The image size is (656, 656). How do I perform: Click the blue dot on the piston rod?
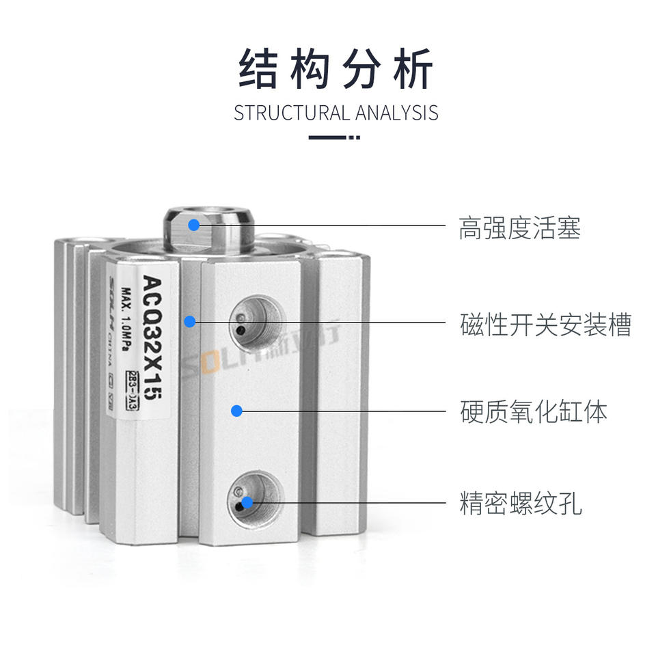(194, 224)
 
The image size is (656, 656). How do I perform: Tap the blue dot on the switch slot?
(190, 320)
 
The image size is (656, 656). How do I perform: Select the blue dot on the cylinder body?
(236, 411)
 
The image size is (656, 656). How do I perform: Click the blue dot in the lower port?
(247, 502)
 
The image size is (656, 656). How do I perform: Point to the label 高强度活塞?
(520, 228)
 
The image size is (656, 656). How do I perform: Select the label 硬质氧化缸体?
(533, 412)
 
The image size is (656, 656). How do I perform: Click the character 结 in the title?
(258, 70)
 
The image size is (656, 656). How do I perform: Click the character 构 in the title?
(309, 70)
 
